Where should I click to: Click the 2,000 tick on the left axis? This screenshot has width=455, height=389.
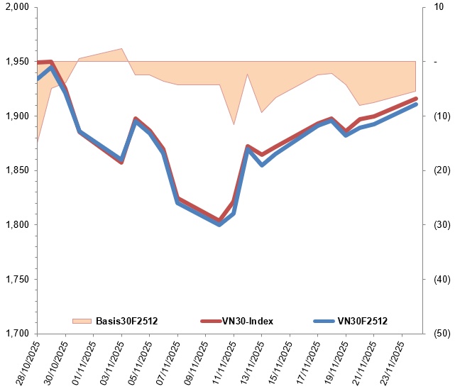(x=16, y=7)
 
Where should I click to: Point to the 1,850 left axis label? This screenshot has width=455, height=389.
(x=16, y=170)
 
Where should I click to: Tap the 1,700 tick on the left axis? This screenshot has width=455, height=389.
(x=16, y=334)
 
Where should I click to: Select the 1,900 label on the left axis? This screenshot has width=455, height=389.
(x=16, y=116)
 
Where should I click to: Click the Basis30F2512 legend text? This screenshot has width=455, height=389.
(x=126, y=321)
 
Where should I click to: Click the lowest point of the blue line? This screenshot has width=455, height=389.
(x=219, y=224)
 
